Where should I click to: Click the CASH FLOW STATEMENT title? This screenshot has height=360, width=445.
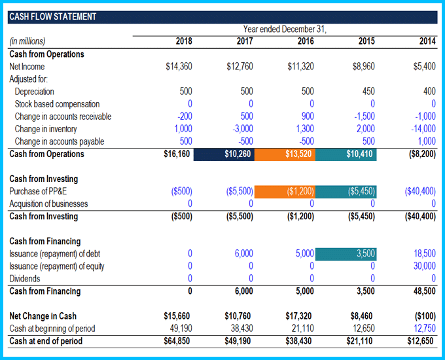pyautogui.click(x=52, y=16)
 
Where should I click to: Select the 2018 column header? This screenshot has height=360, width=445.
pyautogui.click(x=184, y=41)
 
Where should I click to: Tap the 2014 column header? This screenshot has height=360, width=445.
pyautogui.click(x=427, y=41)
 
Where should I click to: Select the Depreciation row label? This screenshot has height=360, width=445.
pyautogui.click(x=34, y=92)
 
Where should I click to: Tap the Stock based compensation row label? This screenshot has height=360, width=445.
pyautogui.click(x=57, y=104)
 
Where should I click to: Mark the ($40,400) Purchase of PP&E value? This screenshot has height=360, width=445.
pyautogui.click(x=419, y=191)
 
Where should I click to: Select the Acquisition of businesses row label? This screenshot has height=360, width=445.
pyautogui.click(x=48, y=204)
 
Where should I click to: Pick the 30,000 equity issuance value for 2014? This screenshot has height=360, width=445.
pyautogui.click(x=424, y=266)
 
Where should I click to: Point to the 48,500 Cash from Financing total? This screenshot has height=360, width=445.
pyautogui.click(x=424, y=291)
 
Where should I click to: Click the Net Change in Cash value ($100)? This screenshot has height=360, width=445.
pyautogui.click(x=424, y=316)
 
